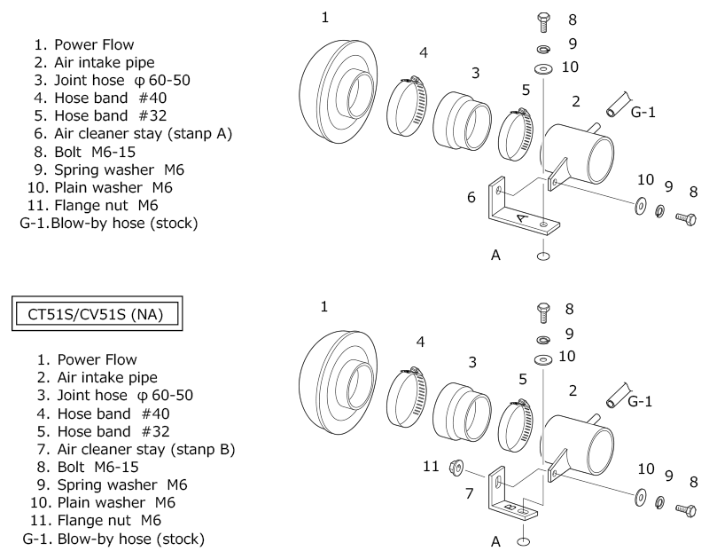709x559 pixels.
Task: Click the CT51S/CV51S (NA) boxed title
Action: coord(97,314)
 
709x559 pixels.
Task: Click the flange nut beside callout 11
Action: coord(456,467)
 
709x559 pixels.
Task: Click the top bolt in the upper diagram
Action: coord(544,21)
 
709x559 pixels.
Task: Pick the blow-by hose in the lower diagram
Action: coord(618,396)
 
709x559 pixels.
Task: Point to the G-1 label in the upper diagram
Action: coord(643,112)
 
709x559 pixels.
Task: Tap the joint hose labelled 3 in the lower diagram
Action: coord(462,412)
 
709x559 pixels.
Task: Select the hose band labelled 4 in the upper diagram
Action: coord(407,106)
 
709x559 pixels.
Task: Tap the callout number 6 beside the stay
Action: coord(471,197)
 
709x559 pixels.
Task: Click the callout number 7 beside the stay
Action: coord(470,493)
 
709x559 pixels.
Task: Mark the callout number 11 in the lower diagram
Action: coord(431,466)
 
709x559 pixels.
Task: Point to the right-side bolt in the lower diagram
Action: coord(686,510)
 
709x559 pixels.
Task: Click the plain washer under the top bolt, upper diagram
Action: coord(543,69)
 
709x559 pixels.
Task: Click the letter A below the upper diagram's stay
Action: coord(495,256)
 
